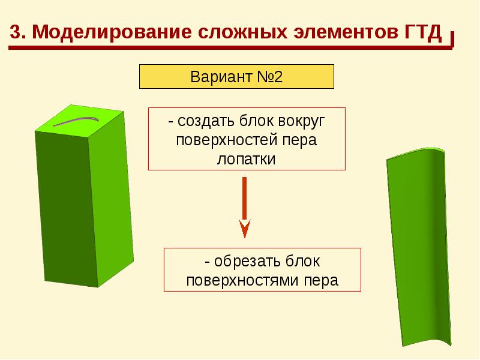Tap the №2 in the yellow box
(267, 78)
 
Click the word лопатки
(246, 160)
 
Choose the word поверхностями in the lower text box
(245, 280)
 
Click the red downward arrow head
(244, 229)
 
